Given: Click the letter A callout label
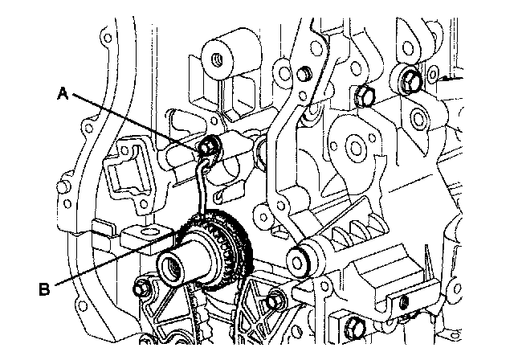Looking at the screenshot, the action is tap(63, 93).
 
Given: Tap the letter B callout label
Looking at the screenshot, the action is tap(46, 285).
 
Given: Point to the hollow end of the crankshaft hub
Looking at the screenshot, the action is tap(174, 264).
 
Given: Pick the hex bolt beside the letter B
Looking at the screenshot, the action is tap(145, 288).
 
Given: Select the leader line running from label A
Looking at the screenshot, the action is tap(137, 121).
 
